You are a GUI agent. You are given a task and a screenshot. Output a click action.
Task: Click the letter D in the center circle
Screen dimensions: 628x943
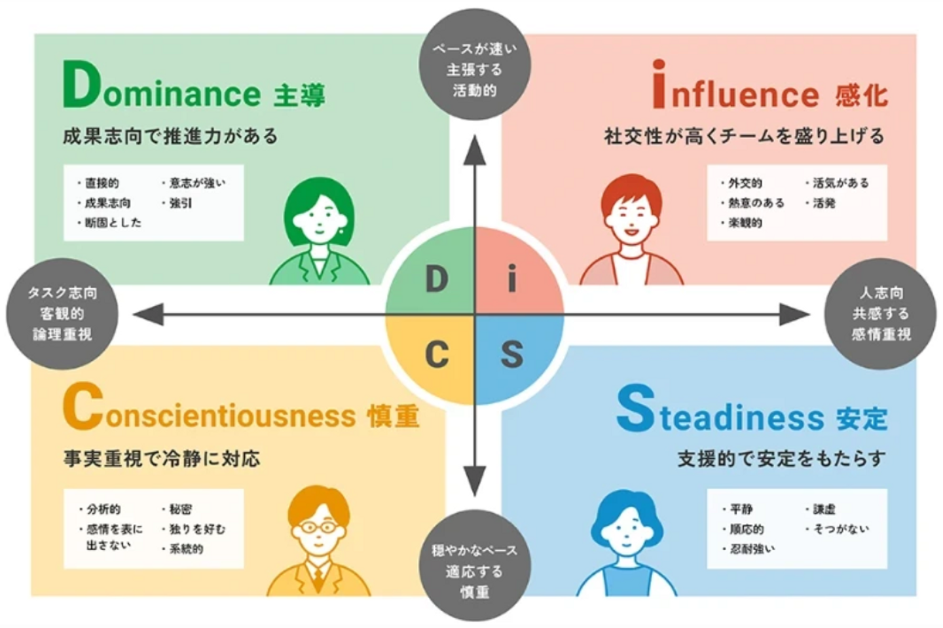(x=437, y=280)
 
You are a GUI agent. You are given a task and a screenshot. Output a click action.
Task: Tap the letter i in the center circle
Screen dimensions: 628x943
(x=512, y=278)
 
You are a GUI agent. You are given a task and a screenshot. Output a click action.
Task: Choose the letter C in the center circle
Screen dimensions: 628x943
(x=437, y=355)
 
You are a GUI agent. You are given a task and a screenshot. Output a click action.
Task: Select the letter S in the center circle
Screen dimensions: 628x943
(x=512, y=355)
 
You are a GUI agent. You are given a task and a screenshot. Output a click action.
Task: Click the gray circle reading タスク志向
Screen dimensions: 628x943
(x=62, y=314)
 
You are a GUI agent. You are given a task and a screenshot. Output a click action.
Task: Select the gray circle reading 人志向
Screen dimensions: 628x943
(x=881, y=314)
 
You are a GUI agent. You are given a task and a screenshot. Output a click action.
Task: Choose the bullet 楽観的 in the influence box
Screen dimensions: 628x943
(x=745, y=223)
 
